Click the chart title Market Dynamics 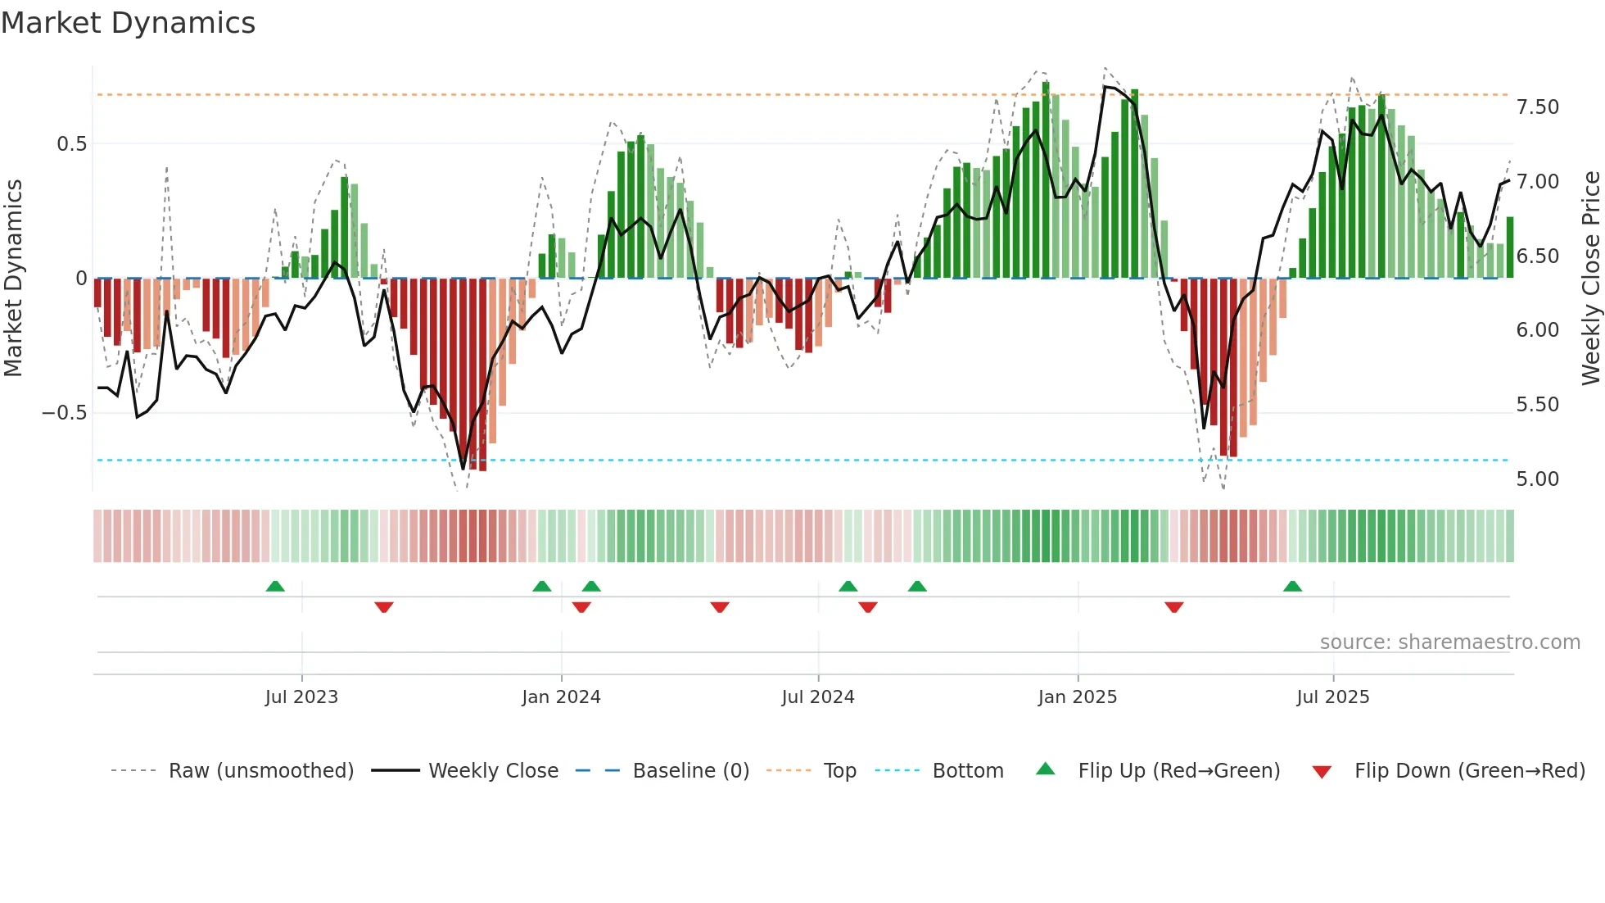pyautogui.click(x=128, y=23)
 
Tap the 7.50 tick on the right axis pyautogui.click(x=1537, y=107)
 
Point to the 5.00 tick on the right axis pyautogui.click(x=1537, y=479)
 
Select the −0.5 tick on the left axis pyautogui.click(x=64, y=413)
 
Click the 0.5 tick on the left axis pyautogui.click(x=71, y=144)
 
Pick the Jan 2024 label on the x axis pyautogui.click(x=561, y=697)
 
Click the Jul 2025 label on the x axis pyautogui.click(x=1332, y=697)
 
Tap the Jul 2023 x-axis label pyautogui.click(x=301, y=697)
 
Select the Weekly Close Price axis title pyautogui.click(x=1590, y=279)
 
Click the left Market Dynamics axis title pyautogui.click(x=13, y=279)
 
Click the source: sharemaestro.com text pyautogui.click(x=1449, y=642)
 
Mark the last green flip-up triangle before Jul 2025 pyautogui.click(x=1292, y=586)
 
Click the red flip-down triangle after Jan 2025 pyautogui.click(x=1173, y=607)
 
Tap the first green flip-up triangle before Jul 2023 pyautogui.click(x=275, y=586)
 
